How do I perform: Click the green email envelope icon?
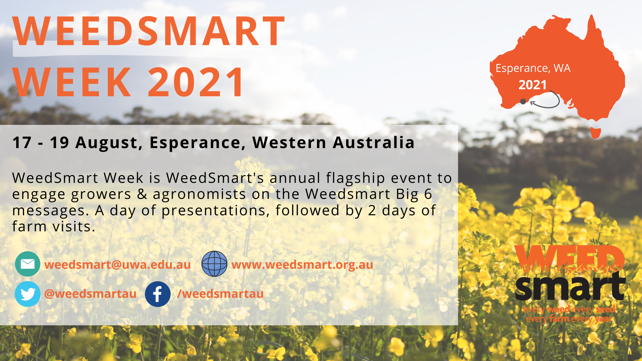27,264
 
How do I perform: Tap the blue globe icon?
214,264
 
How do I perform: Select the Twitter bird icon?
27,294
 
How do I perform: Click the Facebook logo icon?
157,294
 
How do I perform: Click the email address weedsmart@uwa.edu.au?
117,264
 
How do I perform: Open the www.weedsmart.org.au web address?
302,264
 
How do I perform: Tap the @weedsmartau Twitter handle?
90,293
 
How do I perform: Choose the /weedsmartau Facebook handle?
220,293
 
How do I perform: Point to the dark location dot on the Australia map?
523,102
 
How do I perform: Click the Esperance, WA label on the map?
533,68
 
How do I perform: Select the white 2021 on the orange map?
533,85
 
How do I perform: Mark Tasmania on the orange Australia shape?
596,133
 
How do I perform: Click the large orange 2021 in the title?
196,82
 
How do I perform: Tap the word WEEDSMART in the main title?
149,31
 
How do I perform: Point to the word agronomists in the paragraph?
200,194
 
